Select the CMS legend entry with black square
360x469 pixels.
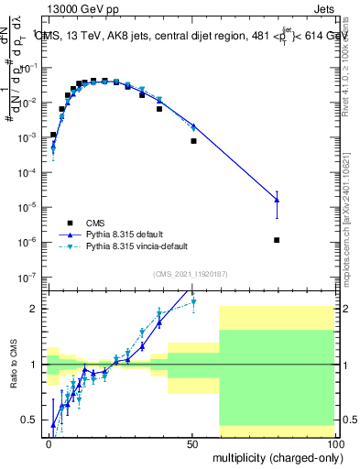tap(71, 223)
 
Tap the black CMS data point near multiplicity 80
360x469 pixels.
tap(277, 240)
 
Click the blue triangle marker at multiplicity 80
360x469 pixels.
tap(277, 200)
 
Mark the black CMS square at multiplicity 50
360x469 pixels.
tap(193, 141)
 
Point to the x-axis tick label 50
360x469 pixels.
tap(191, 442)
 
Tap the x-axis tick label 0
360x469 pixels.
tap(49, 442)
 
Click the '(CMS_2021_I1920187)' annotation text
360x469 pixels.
tap(191, 274)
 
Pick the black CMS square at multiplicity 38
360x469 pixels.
tap(159, 109)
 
